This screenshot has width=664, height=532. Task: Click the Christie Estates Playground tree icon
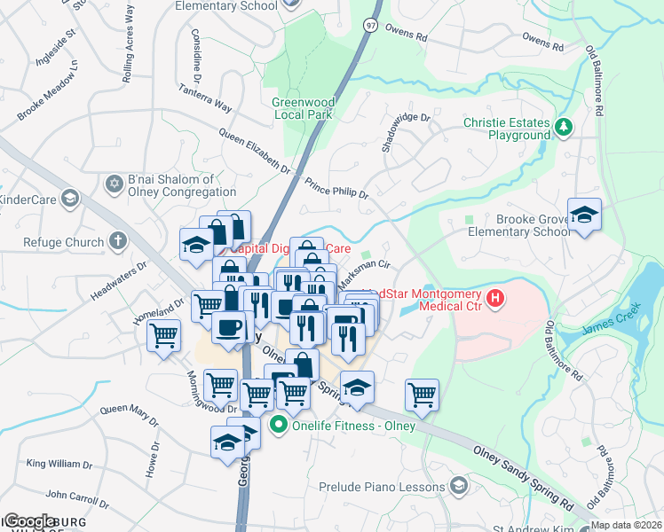pyautogui.click(x=563, y=128)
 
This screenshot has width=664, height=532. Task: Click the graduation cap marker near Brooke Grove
pyautogui.click(x=585, y=215)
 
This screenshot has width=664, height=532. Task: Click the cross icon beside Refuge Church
pyautogui.click(x=117, y=241)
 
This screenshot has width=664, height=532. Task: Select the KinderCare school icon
pyautogui.click(x=68, y=199)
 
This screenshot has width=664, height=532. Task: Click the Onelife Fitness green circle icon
pyautogui.click(x=280, y=425)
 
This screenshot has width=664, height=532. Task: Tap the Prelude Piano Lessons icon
pyautogui.click(x=458, y=486)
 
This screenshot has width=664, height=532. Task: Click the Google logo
pyautogui.click(x=30, y=521)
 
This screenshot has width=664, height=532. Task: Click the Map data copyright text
pyautogui.click(x=626, y=525)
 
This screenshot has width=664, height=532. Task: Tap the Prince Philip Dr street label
pyautogui.click(x=336, y=192)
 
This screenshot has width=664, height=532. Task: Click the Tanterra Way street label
pyautogui.click(x=205, y=98)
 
